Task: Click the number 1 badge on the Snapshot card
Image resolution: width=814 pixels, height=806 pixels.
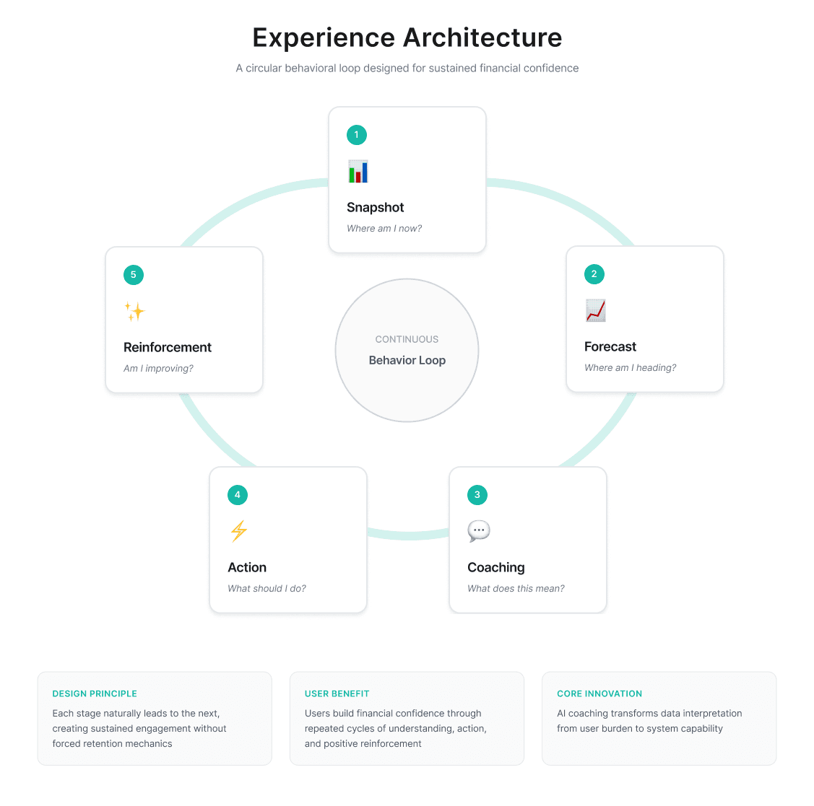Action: (x=356, y=135)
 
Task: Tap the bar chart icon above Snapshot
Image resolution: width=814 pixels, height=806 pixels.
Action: (x=358, y=172)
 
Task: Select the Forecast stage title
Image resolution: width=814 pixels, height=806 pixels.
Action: (x=610, y=347)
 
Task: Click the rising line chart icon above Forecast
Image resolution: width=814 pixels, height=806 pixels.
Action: (x=596, y=311)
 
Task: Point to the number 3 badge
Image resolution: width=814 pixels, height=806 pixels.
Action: (x=477, y=495)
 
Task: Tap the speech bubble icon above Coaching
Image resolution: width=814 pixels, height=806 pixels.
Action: (x=479, y=532)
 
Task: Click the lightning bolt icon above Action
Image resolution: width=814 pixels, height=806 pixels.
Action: (x=239, y=532)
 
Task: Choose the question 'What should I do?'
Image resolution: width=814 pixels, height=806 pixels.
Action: (x=267, y=589)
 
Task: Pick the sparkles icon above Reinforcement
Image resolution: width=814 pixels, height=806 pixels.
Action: (x=134, y=312)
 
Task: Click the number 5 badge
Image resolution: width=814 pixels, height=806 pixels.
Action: (x=134, y=275)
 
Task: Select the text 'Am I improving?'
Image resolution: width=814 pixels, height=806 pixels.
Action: (x=158, y=369)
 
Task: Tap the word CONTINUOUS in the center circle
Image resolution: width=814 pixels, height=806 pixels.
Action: (x=407, y=339)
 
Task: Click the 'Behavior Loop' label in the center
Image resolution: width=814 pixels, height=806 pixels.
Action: (x=407, y=360)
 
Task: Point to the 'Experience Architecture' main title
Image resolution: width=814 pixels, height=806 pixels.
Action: (x=407, y=38)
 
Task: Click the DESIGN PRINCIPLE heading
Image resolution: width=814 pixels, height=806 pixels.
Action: (x=95, y=693)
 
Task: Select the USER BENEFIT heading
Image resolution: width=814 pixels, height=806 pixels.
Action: (x=337, y=693)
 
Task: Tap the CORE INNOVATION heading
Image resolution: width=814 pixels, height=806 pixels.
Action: (x=599, y=693)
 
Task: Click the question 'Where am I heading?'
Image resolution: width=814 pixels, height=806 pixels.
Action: (x=630, y=368)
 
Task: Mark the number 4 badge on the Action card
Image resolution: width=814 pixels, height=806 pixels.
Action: (x=238, y=495)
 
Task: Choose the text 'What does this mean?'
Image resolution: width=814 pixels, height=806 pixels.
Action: (x=516, y=589)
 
